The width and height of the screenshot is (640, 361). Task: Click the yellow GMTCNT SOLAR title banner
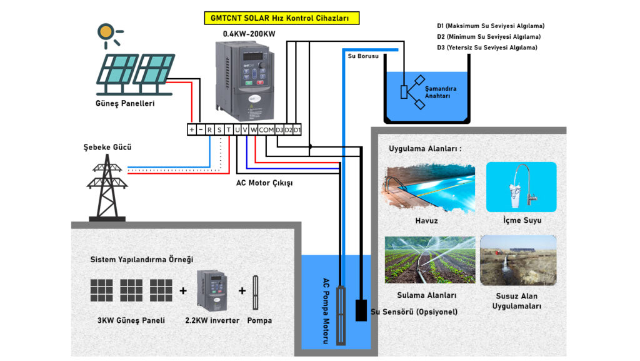(281, 18)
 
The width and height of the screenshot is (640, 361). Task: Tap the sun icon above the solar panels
(106, 33)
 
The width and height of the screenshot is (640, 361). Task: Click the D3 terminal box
(279, 130)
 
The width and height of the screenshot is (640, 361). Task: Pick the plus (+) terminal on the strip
(191, 130)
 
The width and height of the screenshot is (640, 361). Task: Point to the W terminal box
(254, 130)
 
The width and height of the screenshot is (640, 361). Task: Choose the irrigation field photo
(430, 259)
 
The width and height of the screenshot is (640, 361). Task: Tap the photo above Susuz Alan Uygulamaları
(517, 260)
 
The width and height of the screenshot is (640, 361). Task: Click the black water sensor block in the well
(361, 310)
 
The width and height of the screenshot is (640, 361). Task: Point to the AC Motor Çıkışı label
(264, 183)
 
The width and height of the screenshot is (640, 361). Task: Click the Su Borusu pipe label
(364, 56)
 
